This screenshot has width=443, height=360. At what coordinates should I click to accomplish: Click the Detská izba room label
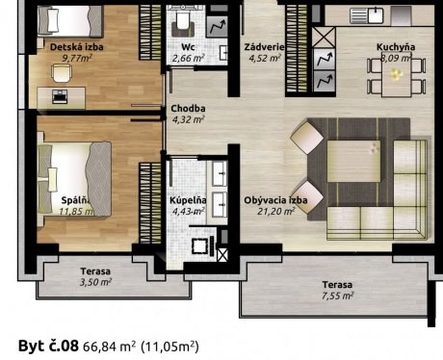click(77, 47)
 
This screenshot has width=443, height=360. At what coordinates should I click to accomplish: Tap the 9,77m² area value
click(77, 58)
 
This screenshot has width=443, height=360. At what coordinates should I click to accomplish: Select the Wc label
click(188, 47)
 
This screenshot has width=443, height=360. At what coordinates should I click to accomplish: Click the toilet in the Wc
click(183, 24)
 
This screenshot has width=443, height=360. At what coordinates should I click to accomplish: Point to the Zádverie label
click(264, 47)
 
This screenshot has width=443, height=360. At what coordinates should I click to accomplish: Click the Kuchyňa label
click(396, 47)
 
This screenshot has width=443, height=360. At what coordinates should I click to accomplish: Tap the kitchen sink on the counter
click(366, 15)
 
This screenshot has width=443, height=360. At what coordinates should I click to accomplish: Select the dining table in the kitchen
click(396, 78)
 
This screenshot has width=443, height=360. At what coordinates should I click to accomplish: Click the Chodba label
click(188, 109)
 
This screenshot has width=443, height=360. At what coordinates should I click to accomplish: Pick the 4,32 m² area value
click(189, 119)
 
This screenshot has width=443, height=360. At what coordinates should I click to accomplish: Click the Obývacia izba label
click(275, 200)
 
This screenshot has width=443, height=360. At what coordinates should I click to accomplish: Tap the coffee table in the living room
click(353, 161)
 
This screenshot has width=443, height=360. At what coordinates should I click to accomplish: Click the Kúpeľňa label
click(188, 200)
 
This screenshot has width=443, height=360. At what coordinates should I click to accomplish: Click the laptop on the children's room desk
click(60, 96)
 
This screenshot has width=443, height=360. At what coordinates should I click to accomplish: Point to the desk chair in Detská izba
click(62, 73)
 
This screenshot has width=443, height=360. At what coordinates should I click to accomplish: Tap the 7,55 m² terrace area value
click(337, 296)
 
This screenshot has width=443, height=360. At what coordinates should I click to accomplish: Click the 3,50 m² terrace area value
click(95, 282)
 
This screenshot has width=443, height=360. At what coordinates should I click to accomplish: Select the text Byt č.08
click(48, 346)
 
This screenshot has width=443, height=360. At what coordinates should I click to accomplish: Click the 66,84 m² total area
click(109, 347)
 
